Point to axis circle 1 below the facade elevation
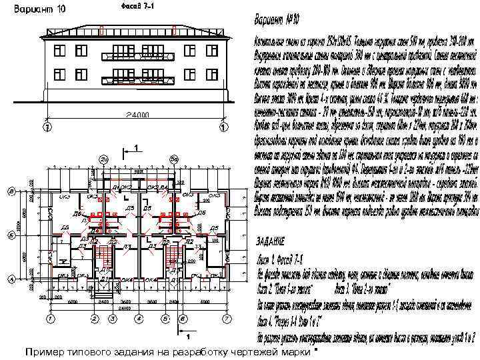click(222, 126)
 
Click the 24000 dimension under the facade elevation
click(134, 115)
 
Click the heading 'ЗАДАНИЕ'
click(273, 239)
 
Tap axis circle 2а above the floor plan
click(104, 159)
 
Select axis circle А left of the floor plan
click(12, 279)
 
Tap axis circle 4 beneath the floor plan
click(137, 319)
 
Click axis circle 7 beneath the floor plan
click(227, 319)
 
